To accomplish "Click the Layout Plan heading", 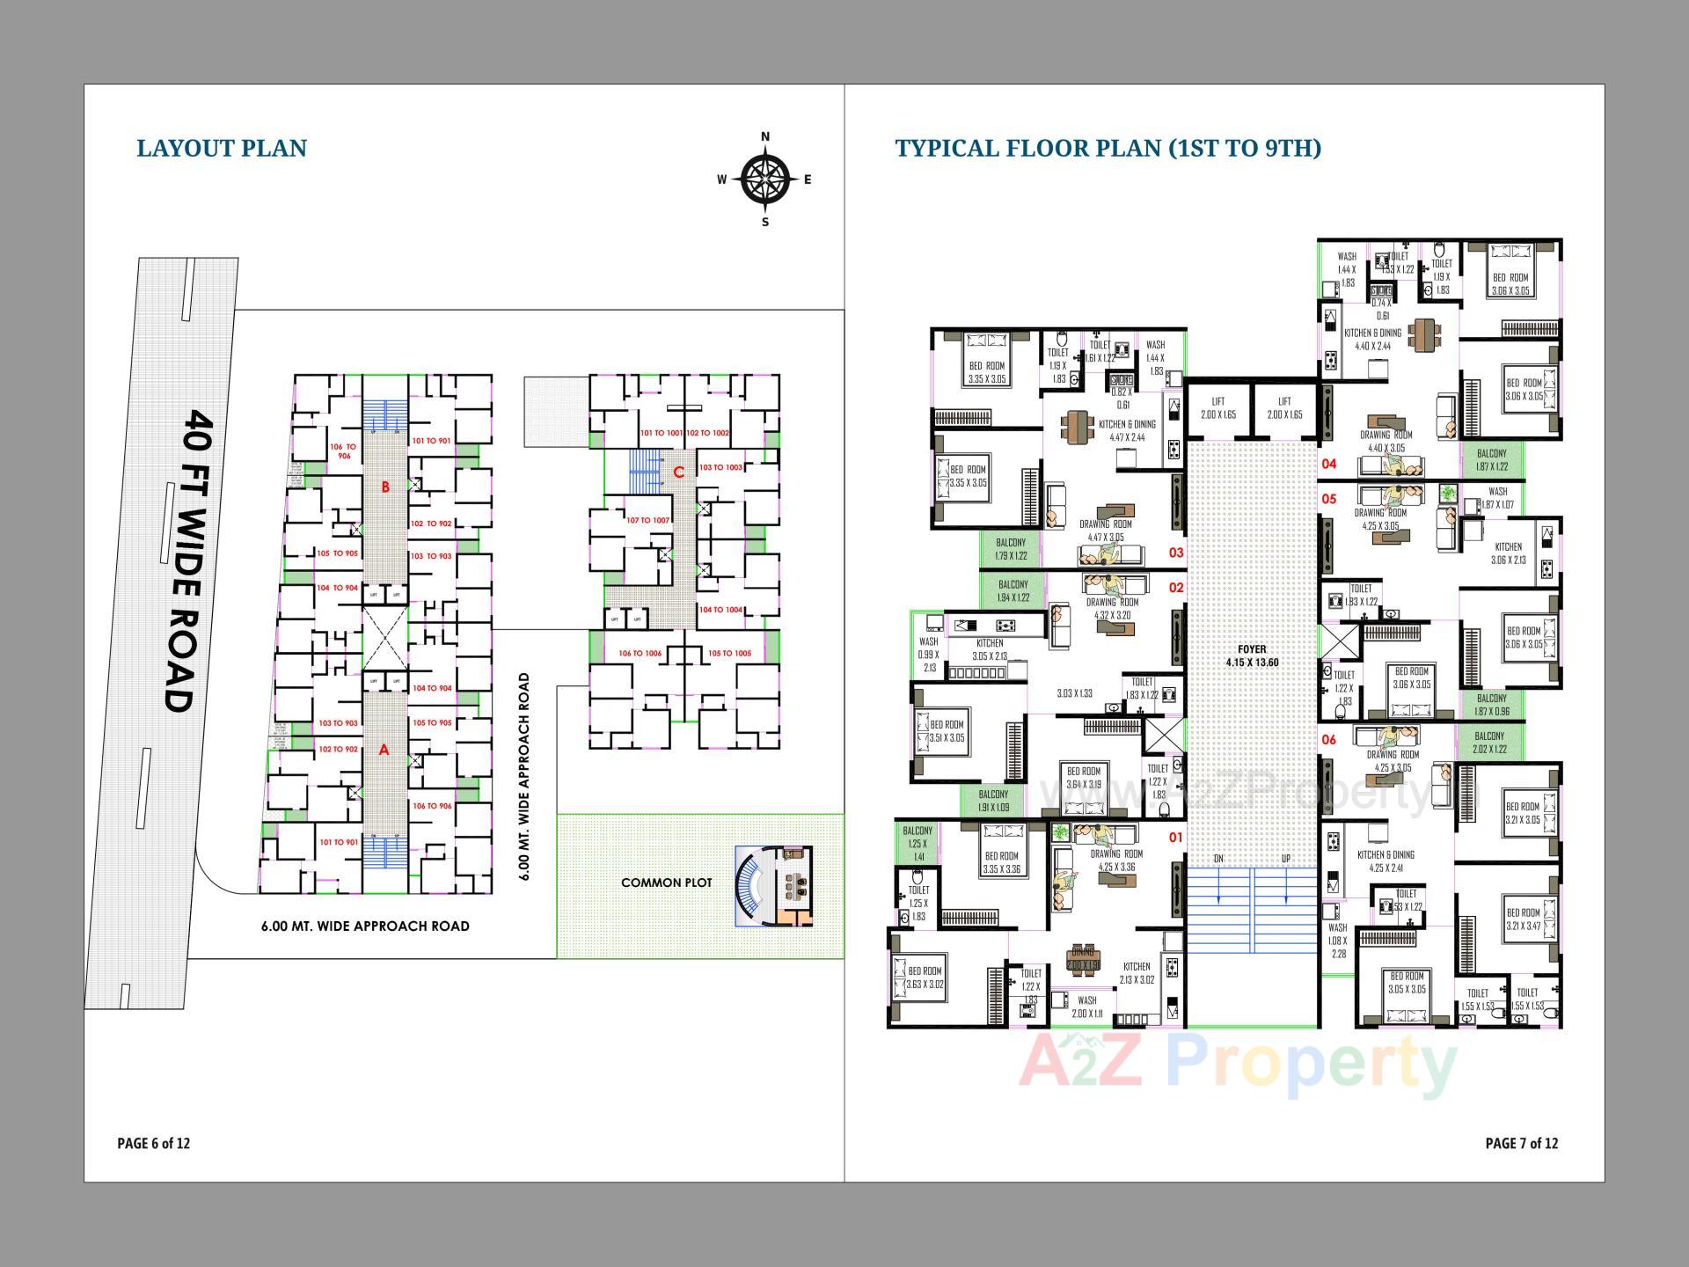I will [222, 148].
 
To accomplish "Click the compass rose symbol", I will [764, 179].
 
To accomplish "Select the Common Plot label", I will [666, 883].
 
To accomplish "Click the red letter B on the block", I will [385, 487].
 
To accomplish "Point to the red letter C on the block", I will [678, 472].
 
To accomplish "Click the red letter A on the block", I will [384, 751].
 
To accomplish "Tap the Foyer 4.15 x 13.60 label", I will [1252, 655].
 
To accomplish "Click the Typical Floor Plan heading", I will [1108, 148].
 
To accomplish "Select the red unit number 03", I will [1176, 553].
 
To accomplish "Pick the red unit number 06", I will [1328, 740].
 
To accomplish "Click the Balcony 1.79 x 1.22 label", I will [1011, 549].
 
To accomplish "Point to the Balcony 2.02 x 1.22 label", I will [1489, 743].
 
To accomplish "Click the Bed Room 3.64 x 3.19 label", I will [1084, 778].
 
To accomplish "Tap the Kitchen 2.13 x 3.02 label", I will [1137, 973].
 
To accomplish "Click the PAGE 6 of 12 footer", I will [154, 1144].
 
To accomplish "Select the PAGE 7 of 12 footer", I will [1521, 1144].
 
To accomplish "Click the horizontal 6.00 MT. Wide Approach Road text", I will [365, 926].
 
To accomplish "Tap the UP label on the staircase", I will [1285, 859].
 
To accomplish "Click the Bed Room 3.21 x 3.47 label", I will [1523, 919].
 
